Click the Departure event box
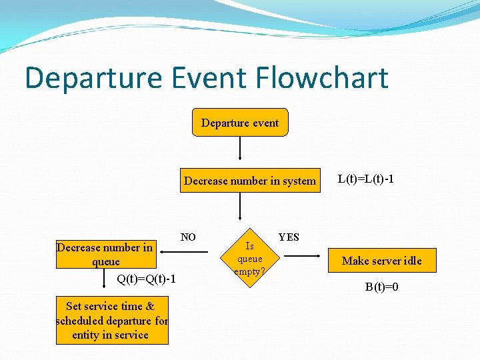[x=240, y=123]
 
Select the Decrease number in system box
[x=249, y=181]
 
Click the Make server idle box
[x=381, y=261]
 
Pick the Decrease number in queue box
[x=106, y=254]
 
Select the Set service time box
[x=112, y=320]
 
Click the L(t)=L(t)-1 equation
[x=366, y=179]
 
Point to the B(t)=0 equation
[x=381, y=287]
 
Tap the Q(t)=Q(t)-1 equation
[x=146, y=279]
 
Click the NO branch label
[x=188, y=237]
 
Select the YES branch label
[x=289, y=237]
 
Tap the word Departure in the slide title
[x=93, y=79]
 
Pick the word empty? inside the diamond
[x=249, y=271]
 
